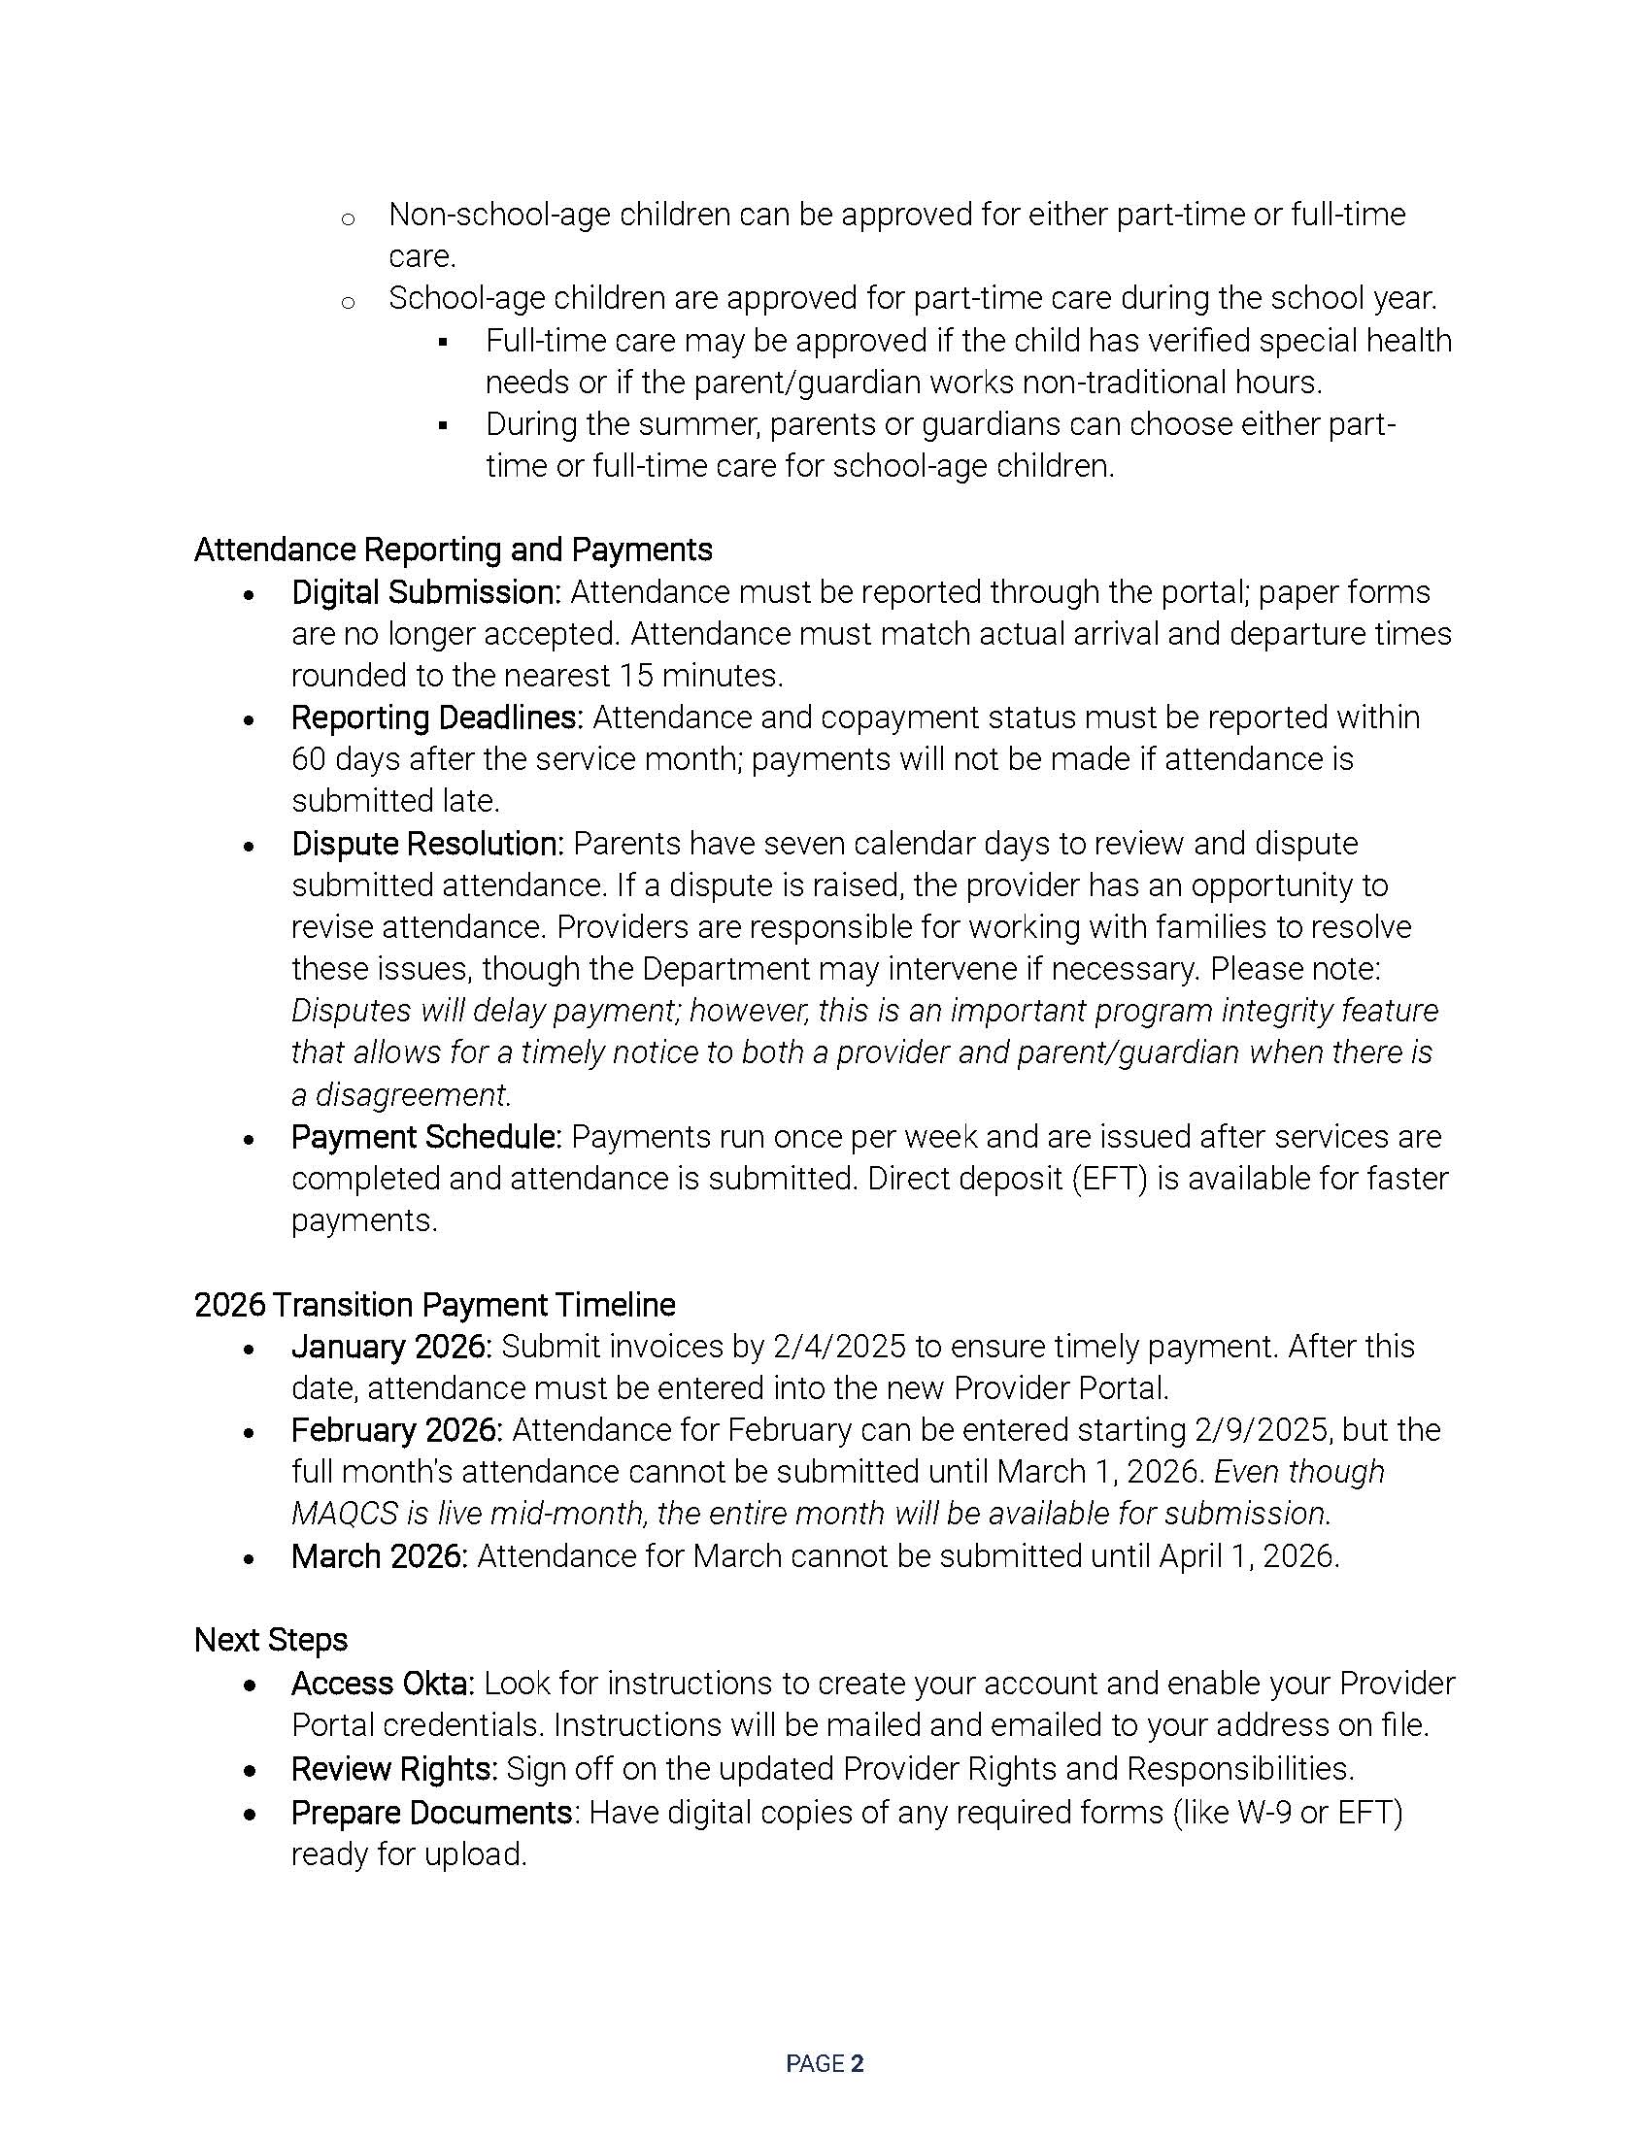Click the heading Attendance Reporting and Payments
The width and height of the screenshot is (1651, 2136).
tap(453, 550)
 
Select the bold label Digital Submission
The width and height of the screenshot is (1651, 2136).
tap(425, 592)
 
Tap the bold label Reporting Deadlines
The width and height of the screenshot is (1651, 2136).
tap(437, 718)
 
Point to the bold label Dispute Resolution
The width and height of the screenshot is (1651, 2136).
tap(427, 843)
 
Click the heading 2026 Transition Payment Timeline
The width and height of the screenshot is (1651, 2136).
tap(434, 1305)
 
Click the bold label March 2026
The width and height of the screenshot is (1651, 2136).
tap(380, 1556)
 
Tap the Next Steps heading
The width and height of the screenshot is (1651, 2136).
tap(271, 1640)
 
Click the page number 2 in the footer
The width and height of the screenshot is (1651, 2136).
tap(858, 2063)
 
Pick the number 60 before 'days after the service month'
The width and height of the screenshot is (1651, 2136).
tap(308, 760)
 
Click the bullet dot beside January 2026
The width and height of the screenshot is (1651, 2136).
tap(250, 1350)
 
